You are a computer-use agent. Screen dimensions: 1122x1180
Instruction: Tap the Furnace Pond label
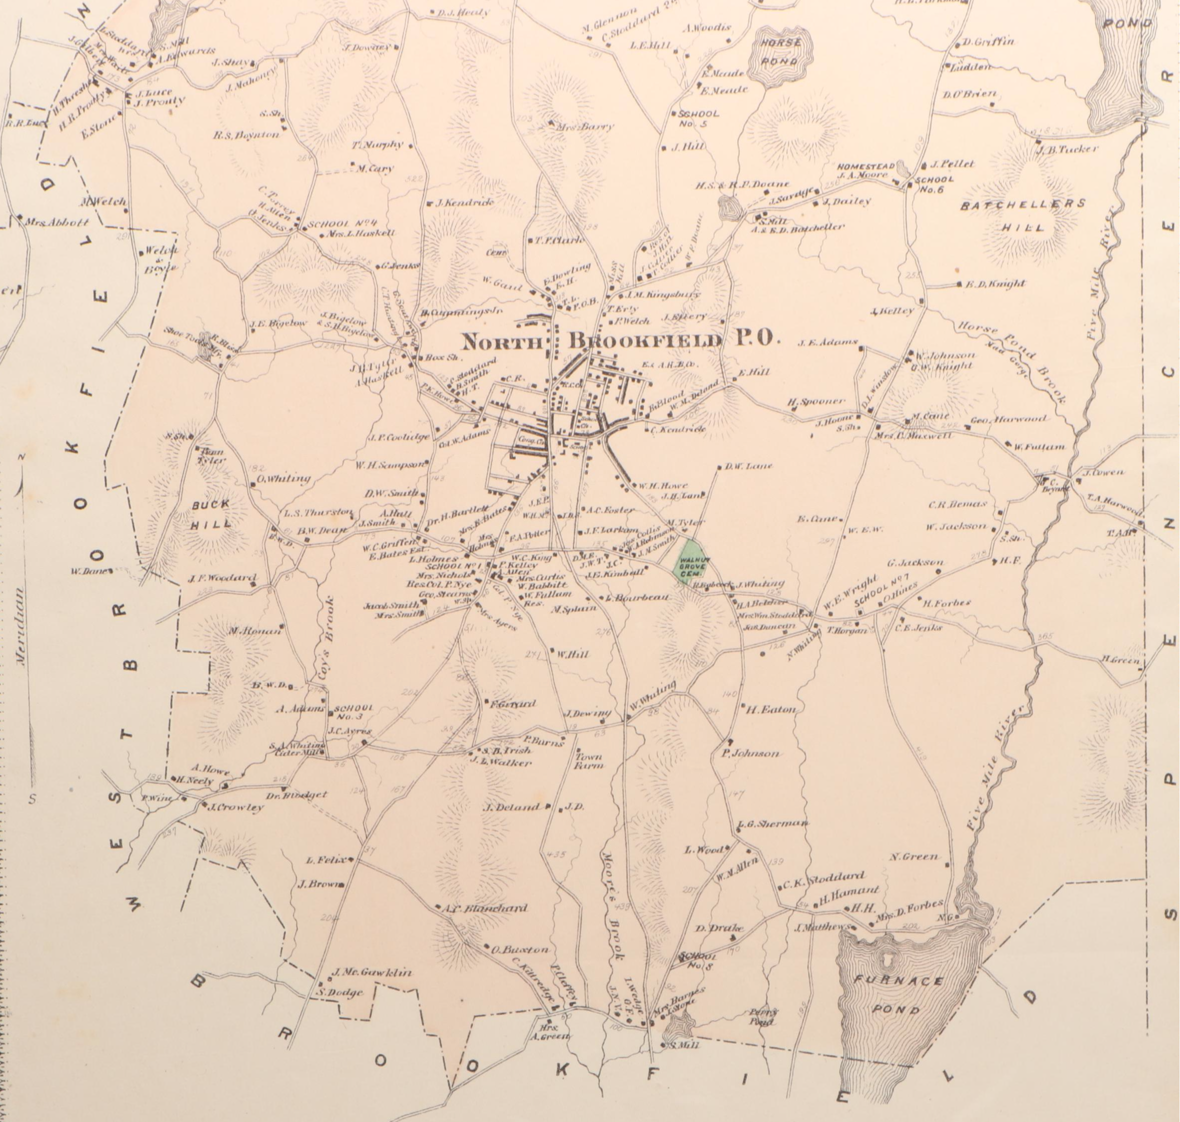(898, 995)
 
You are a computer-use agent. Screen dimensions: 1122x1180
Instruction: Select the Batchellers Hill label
(1023, 215)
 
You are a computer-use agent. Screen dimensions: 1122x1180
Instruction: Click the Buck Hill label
(211, 514)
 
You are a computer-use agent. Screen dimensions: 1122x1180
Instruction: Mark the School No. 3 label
(354, 712)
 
